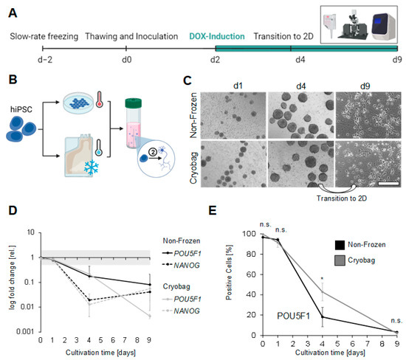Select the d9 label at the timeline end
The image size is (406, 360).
[x=396, y=58]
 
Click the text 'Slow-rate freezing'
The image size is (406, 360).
[x=44, y=36]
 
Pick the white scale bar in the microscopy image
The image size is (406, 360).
[x=384, y=182]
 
